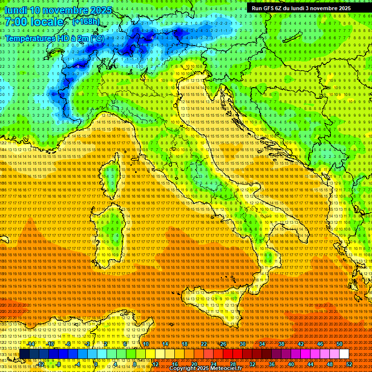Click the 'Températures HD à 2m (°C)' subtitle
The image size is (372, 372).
point(54,38)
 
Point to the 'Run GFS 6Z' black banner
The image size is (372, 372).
point(300,8)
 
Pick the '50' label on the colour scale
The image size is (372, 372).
point(339,344)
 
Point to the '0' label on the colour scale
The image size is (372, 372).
point(96,364)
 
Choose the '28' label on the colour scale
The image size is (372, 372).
point(232,364)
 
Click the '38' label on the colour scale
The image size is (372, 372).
point(281,344)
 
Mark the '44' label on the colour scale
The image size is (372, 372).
point(310,364)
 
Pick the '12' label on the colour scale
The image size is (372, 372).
point(155,364)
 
